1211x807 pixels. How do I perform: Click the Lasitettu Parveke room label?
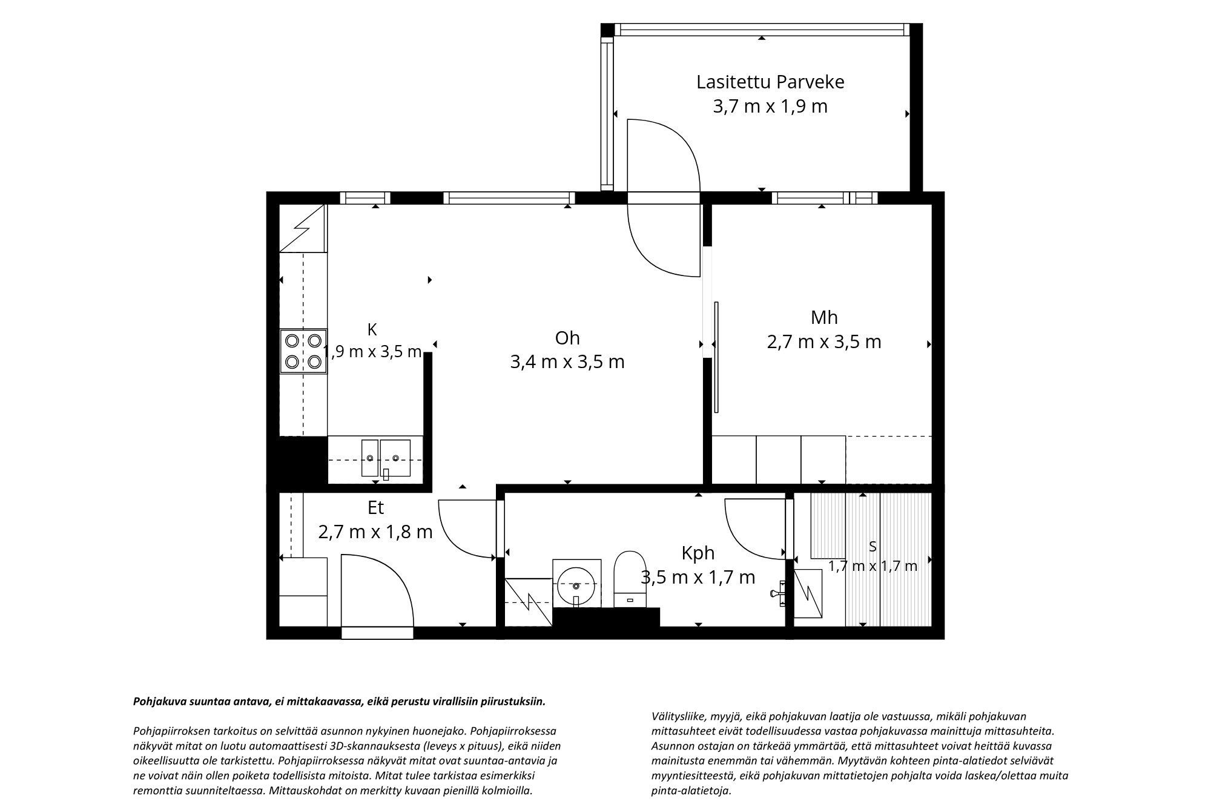770,82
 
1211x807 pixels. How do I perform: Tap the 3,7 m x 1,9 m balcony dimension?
770,107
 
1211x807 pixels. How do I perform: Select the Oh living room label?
567,338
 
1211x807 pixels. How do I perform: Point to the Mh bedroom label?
824,317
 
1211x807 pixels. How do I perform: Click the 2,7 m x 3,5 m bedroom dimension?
824,342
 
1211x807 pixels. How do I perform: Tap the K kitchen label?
372,329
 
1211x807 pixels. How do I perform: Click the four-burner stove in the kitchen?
303,351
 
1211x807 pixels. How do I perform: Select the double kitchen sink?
386,459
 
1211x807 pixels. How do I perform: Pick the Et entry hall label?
375,507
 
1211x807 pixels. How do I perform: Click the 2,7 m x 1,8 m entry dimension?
375,532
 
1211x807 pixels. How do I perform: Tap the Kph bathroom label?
698,553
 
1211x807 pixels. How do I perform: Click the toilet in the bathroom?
629,579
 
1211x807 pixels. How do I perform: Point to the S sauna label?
873,547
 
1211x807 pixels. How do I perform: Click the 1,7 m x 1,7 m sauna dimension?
873,566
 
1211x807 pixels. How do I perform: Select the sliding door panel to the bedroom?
716,357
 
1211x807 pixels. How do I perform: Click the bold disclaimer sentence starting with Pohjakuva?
339,702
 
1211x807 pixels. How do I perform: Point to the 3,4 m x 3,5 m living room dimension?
567,362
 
